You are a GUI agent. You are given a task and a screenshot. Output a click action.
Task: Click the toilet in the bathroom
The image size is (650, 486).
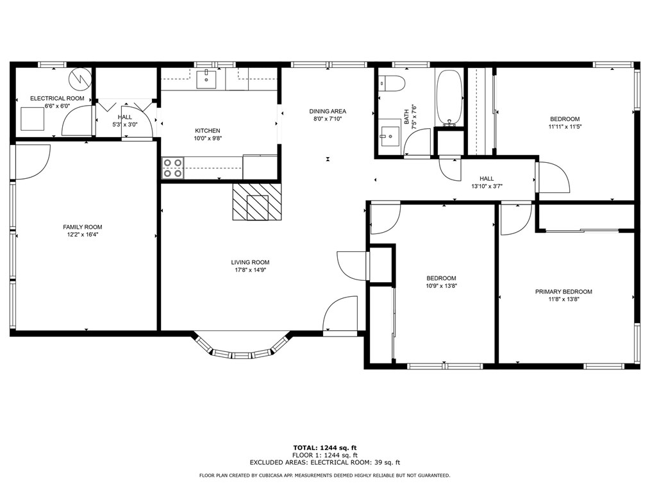click(x=391, y=83)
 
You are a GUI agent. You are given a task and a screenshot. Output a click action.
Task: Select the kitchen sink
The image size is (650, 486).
click(x=206, y=79)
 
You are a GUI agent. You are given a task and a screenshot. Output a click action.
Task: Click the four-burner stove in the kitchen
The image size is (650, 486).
click(x=173, y=167)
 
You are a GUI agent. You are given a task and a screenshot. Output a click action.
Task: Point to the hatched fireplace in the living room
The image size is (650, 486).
click(x=257, y=202)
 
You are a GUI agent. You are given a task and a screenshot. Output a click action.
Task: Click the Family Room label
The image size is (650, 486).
click(x=83, y=227)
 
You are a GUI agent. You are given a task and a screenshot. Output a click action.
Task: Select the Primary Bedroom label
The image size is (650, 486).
click(x=563, y=292)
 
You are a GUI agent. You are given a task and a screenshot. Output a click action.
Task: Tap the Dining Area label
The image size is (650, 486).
click(x=328, y=111)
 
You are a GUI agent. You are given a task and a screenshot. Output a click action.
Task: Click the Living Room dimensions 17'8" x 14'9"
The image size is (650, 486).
click(x=250, y=270)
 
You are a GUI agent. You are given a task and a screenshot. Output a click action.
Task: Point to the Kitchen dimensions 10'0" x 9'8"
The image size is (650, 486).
click(x=208, y=138)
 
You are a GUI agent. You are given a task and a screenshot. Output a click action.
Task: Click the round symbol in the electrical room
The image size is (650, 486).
click(x=79, y=78)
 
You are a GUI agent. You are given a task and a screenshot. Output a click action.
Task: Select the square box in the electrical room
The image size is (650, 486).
click(x=32, y=119)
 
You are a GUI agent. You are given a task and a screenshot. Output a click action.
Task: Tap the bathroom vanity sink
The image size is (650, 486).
click(x=390, y=137)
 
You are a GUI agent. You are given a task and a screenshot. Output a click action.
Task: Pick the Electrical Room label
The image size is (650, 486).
click(x=57, y=98)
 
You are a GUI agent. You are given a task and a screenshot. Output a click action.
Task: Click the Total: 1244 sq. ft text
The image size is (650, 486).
click(x=324, y=448)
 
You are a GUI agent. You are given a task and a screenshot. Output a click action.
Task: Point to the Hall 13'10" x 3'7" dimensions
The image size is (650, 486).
click(x=487, y=187)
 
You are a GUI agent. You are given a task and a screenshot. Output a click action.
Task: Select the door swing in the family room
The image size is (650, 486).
click(x=33, y=162)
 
